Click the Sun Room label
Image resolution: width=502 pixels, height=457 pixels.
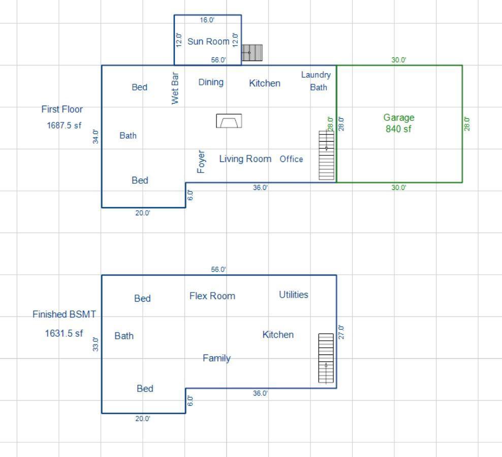pyautogui.click(x=208, y=42)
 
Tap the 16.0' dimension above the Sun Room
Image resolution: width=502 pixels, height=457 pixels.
pyautogui.click(x=207, y=20)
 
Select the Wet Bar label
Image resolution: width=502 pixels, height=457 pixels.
pyautogui.click(x=175, y=88)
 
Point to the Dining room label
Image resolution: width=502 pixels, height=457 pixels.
pyautogui.click(x=211, y=82)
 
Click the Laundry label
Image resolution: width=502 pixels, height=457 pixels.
pyautogui.click(x=316, y=75)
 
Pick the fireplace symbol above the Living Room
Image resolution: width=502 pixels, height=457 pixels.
pyautogui.click(x=229, y=121)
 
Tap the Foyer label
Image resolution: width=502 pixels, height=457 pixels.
pyautogui.click(x=201, y=161)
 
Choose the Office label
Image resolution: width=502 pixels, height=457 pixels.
pyautogui.click(x=291, y=159)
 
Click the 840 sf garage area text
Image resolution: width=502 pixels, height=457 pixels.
pyautogui.click(x=398, y=129)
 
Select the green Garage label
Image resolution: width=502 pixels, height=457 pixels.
pyautogui.click(x=399, y=117)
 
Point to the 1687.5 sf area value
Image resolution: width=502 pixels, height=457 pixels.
pyautogui.click(x=64, y=125)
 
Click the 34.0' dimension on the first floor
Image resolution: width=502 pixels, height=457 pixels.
pyautogui.click(x=96, y=136)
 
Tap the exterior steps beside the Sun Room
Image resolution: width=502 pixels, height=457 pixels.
pyautogui.click(x=252, y=53)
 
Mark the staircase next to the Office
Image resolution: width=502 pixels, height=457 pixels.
pyautogui.click(x=326, y=155)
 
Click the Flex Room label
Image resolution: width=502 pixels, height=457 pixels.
pyautogui.click(x=212, y=296)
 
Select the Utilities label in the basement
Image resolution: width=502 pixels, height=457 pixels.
pyautogui.click(x=293, y=295)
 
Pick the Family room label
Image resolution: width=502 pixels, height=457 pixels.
pyautogui.click(x=216, y=358)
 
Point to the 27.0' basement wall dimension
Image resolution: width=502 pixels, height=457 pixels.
pyautogui.click(x=341, y=332)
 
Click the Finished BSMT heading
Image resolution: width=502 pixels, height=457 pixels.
pyautogui.click(x=64, y=314)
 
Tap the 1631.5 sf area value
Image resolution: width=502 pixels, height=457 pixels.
pyautogui.click(x=64, y=334)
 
